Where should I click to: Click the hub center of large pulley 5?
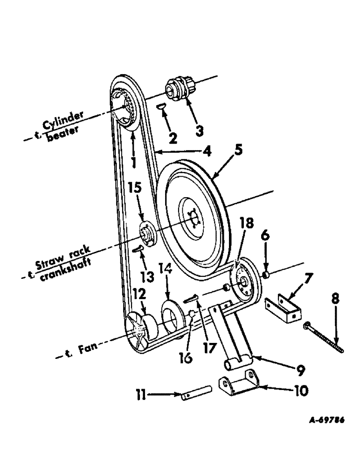[x=193, y=216]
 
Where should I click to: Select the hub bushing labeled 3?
[x=179, y=88]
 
